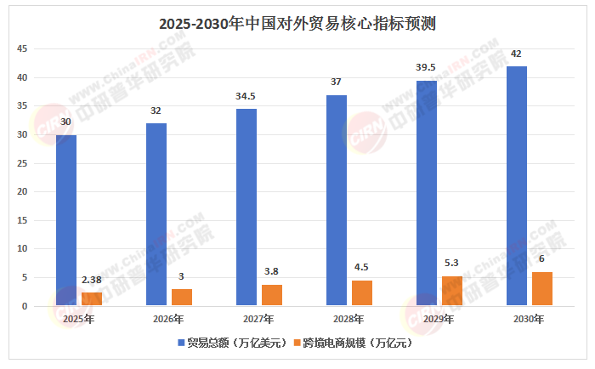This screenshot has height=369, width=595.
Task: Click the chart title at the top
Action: (x=297, y=23)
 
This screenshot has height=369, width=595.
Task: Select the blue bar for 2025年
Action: (x=66, y=220)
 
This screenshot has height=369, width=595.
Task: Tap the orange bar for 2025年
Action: (x=92, y=298)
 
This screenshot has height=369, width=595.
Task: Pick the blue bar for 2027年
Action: (x=246, y=207)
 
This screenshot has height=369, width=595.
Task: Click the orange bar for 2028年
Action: (x=362, y=292)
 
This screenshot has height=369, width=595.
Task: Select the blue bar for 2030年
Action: (x=517, y=186)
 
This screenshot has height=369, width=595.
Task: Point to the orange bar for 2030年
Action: (x=542, y=288)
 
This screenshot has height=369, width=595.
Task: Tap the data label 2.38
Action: (x=92, y=279)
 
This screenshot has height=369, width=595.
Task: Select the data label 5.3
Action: (x=452, y=263)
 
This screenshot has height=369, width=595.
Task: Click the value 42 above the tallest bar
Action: (x=517, y=54)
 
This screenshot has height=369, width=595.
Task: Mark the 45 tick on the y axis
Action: (x=23, y=49)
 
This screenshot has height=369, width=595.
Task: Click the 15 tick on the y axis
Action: (x=23, y=220)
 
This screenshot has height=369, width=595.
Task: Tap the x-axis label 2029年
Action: (x=439, y=319)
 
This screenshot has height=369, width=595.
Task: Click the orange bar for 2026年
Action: (x=182, y=297)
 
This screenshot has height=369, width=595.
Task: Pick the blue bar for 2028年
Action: (x=337, y=201)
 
